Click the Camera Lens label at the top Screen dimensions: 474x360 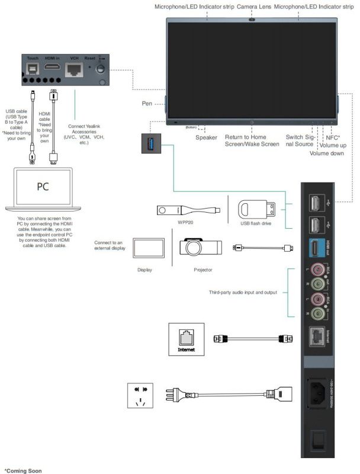253,7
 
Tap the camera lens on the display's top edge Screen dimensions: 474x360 253,19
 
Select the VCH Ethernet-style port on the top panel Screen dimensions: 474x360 75,69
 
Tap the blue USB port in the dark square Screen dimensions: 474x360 150,143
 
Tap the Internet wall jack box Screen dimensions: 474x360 186,340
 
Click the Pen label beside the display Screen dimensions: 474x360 147,103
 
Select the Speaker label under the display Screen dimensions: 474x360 207,137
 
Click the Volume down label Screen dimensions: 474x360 325,153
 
